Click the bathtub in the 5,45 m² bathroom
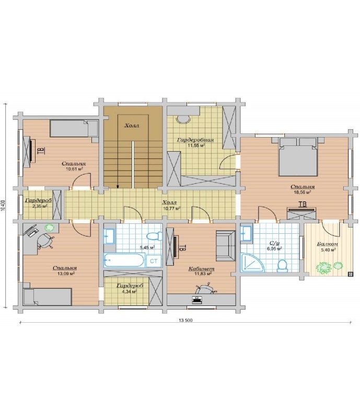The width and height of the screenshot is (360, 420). pyautogui.click(x=124, y=260)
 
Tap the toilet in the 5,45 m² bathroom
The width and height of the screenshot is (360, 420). pyautogui.click(x=155, y=236)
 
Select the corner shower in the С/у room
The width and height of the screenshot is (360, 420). pyautogui.click(x=252, y=263)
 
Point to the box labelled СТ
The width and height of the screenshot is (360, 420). pyautogui.click(x=154, y=261)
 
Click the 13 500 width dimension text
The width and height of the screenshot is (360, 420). pyautogui.click(x=185, y=320)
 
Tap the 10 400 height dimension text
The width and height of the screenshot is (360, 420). pyautogui.click(x=3, y=206)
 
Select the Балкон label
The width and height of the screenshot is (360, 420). pyautogui.click(x=328, y=244)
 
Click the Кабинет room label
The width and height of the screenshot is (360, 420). pyautogui.click(x=201, y=269)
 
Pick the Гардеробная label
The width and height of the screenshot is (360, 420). pyautogui.click(x=195, y=140)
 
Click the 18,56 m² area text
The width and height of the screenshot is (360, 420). pyautogui.click(x=302, y=192)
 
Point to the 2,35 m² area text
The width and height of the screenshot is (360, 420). pyautogui.click(x=39, y=206)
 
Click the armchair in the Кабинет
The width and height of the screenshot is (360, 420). pyautogui.click(x=226, y=246)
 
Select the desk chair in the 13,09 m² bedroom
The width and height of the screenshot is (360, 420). pyautogui.click(x=45, y=241)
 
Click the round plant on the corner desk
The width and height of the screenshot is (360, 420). pyautogui.click(x=50, y=228)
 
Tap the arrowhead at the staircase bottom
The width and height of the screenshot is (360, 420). pyautogui.click(x=118, y=186)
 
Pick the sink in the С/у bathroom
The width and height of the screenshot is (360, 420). pyautogui.click(x=246, y=233)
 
